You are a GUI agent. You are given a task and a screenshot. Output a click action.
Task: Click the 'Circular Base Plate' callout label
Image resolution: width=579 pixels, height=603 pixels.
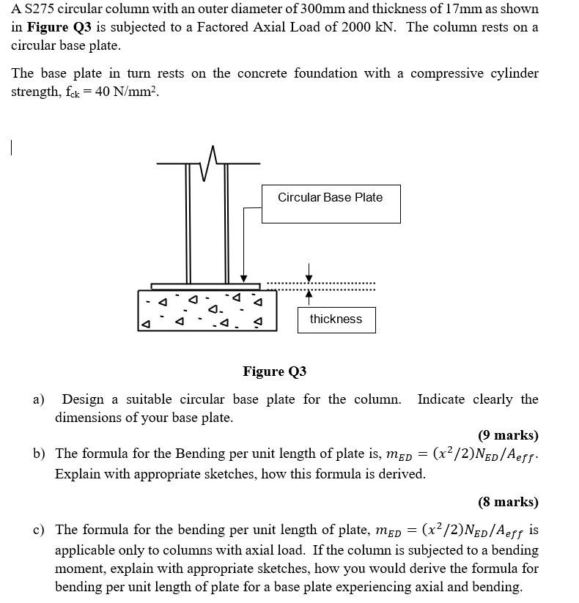(330, 197)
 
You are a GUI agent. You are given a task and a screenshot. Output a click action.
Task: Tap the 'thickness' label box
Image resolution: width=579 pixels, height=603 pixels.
(336, 319)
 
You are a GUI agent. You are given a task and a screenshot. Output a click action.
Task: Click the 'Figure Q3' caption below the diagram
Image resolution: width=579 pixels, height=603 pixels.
(275, 371)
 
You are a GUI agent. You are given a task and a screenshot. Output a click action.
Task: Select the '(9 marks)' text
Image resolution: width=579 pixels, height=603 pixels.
(508, 435)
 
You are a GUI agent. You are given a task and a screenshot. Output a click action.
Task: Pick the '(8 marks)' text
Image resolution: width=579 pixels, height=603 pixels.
(508, 502)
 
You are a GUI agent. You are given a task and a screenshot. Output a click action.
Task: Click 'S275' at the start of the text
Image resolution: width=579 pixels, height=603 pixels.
(38, 10)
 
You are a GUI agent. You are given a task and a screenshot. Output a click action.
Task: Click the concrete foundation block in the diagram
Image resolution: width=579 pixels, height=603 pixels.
(207, 310)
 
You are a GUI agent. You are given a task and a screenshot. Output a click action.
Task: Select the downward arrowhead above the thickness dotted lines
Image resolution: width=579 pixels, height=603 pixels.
(309, 277)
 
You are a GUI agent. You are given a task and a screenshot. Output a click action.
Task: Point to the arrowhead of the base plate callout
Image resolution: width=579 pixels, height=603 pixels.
(243, 279)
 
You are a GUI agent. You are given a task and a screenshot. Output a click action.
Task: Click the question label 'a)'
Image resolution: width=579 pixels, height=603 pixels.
(39, 399)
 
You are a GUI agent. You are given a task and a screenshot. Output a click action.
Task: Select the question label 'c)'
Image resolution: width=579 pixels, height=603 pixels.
(38, 529)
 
